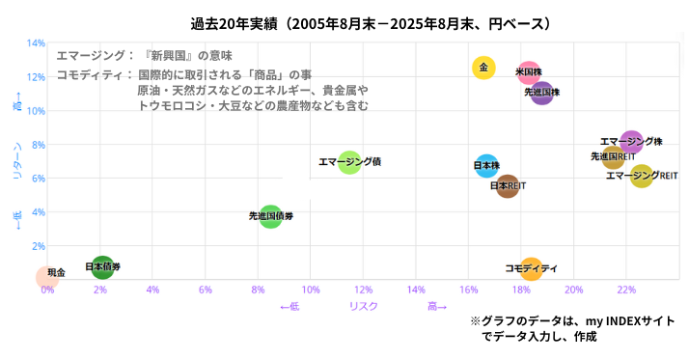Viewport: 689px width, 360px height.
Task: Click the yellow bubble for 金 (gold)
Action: (483, 68)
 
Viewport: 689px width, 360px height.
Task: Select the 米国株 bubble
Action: (528, 73)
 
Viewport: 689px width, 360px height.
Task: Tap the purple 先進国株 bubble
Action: (541, 93)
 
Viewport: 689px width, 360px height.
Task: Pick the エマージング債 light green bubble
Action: (348, 162)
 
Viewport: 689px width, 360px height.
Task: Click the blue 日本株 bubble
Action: (486, 166)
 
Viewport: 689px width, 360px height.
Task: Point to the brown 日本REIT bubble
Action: (508, 186)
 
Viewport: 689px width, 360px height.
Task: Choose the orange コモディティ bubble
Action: (530, 269)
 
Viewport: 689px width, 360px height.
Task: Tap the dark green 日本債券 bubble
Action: (102, 267)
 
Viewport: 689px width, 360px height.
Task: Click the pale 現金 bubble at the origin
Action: (46, 277)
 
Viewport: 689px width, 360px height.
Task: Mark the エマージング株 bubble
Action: (631, 142)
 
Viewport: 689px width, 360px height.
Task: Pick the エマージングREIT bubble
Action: (642, 176)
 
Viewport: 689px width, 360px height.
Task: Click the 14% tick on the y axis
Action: (37, 43)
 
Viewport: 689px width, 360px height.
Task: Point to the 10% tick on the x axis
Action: (311, 290)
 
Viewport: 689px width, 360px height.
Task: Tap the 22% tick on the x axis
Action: (626, 290)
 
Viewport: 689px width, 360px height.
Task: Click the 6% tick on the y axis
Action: (38, 179)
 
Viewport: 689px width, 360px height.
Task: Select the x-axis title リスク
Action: (363, 306)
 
